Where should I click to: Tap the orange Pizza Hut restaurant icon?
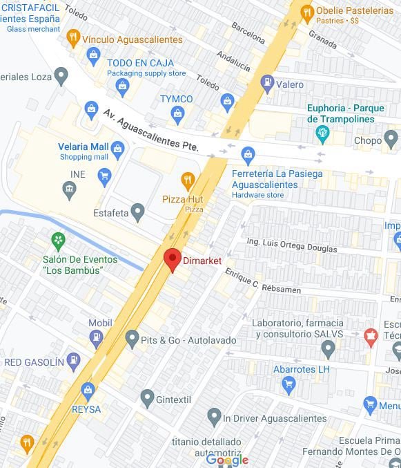coord(187,181)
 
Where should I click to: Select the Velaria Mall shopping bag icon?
coord(117,148)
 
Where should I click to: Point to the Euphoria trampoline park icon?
coord(322,133)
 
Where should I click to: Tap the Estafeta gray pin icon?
coord(138,212)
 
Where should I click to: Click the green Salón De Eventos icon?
coord(59,241)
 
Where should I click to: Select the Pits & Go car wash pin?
coord(133,339)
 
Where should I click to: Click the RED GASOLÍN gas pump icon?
coord(74,361)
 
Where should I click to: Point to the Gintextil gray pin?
coord(147,397)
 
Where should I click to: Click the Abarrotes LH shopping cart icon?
coord(289,384)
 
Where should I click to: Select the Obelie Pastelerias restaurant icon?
coord(307,11)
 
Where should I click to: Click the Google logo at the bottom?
coord(227,460)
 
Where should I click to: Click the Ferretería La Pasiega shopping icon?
coord(248,153)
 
